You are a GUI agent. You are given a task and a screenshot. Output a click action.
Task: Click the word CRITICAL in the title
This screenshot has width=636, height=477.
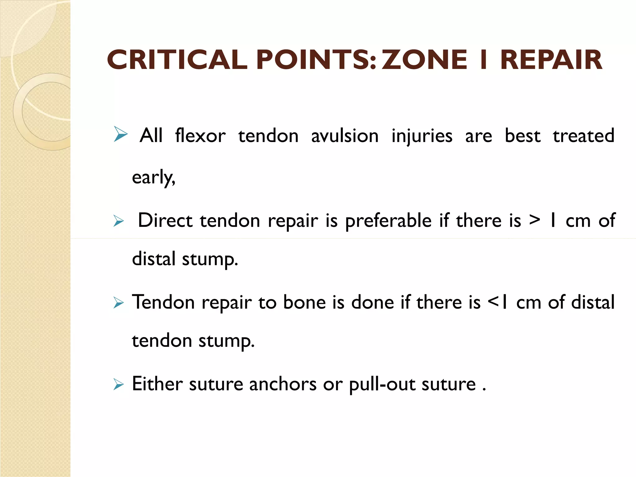click(177, 60)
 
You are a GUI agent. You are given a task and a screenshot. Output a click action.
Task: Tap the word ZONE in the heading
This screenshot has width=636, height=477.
click(424, 60)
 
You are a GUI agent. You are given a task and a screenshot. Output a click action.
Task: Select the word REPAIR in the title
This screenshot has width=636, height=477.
click(551, 60)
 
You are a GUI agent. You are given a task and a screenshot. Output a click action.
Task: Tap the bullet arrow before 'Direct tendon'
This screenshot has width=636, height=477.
click(118, 221)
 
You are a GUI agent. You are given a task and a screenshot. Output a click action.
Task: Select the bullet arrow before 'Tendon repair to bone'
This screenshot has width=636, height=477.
click(118, 302)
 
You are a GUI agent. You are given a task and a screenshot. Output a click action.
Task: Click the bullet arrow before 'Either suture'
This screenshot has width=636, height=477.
click(118, 384)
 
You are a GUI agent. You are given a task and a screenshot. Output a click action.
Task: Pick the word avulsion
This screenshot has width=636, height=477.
click(345, 136)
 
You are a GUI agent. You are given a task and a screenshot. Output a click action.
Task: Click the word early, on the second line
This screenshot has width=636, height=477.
click(153, 178)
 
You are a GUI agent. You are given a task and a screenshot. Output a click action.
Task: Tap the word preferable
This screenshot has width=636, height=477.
click(388, 221)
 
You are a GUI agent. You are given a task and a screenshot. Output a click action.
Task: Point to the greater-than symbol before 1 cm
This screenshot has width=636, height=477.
click(534, 220)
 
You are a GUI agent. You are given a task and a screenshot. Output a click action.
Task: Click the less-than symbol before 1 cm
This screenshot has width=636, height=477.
click(493, 301)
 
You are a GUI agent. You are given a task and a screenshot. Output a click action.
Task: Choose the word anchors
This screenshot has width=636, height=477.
click(283, 384)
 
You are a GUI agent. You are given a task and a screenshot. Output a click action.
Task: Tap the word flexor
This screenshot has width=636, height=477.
click(200, 136)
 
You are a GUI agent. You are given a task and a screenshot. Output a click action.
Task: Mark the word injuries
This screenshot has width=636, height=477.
click(422, 136)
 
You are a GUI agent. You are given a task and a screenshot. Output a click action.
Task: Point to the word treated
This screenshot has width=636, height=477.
click(583, 136)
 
